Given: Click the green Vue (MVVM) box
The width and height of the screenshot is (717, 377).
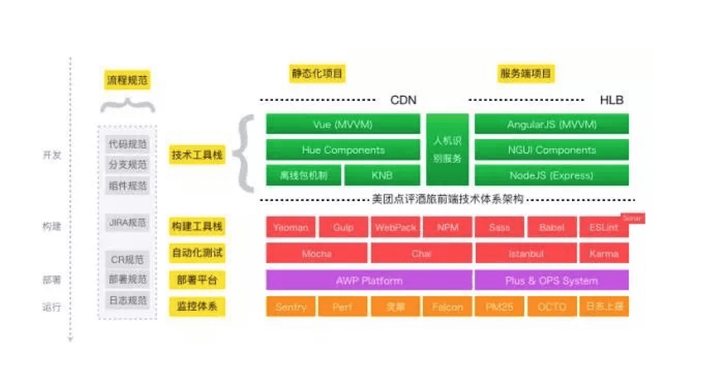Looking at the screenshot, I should click(x=343, y=124).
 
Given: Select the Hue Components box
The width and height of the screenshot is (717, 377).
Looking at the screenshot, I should click(x=343, y=150).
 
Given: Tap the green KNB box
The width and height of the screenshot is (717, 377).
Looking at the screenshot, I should click(x=382, y=175).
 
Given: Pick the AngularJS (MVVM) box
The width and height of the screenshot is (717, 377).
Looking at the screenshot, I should click(x=551, y=124).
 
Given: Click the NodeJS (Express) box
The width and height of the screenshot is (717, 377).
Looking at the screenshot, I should click(x=551, y=175).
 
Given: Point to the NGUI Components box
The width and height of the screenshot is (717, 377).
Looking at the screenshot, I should click(x=551, y=150).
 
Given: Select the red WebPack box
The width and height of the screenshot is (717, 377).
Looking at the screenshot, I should click(x=395, y=227).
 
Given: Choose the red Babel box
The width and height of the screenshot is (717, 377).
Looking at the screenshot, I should click(x=551, y=227).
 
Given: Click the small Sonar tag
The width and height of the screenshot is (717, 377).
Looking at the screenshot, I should click(x=632, y=218).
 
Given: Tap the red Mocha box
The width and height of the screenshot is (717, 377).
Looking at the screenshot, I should click(x=316, y=253).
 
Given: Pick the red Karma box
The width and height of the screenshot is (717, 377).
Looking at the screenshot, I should click(x=604, y=253).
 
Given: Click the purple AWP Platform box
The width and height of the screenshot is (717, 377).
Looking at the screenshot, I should click(x=369, y=280).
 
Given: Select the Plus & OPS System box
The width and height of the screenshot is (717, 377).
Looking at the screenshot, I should click(x=551, y=280).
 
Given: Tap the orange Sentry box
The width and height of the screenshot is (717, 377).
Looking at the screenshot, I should click(x=290, y=307).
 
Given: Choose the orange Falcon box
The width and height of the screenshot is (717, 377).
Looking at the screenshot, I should click(x=447, y=307).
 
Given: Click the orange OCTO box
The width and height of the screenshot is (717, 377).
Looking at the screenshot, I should click(x=551, y=307).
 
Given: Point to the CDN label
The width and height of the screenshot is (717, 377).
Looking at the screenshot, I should click(x=403, y=100).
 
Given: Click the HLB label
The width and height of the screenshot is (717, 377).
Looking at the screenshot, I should click(x=611, y=100).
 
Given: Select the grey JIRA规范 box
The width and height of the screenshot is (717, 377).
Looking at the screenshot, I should click(x=127, y=223).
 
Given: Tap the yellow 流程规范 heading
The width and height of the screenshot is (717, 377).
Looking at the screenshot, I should click(x=127, y=80).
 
